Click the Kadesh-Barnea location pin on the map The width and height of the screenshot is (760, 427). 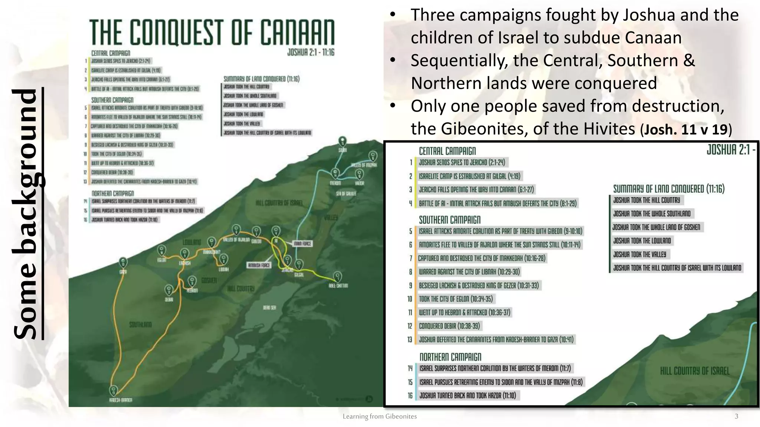[114, 390]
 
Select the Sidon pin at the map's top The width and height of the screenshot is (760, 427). [343, 141]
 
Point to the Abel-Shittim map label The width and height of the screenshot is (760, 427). [338, 286]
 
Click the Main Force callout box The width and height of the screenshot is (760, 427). [302, 244]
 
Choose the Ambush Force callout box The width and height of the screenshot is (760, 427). [259, 265]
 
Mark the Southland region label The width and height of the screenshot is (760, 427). [140, 325]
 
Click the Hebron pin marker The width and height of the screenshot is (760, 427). [192, 281]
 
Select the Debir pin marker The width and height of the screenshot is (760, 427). [169, 289]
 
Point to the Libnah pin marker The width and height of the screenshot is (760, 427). [223, 259]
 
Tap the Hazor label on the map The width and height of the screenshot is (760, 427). [359, 183]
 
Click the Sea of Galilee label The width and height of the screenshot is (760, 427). [346, 193]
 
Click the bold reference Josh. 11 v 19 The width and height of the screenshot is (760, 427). [686, 129]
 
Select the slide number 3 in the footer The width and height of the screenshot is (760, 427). [736, 416]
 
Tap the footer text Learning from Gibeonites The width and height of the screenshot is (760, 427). [380, 416]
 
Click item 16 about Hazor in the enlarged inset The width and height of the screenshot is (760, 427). [468, 395]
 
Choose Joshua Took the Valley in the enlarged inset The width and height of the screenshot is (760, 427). [639, 254]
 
